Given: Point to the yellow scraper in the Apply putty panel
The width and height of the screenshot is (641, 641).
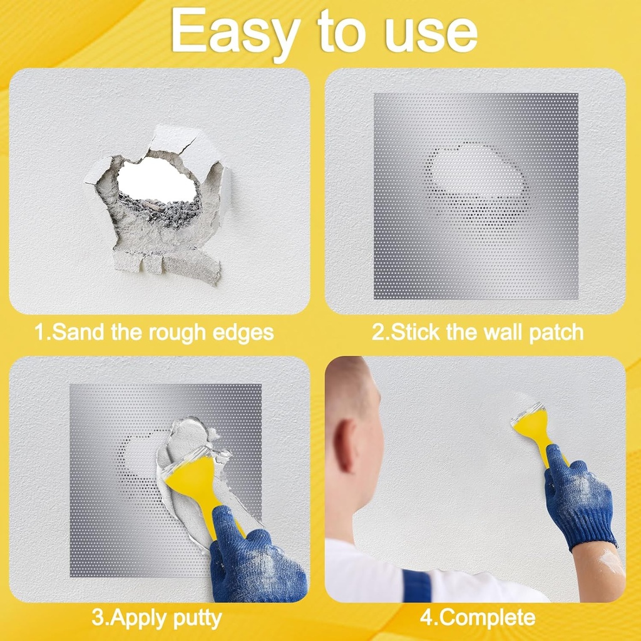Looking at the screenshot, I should [200, 485].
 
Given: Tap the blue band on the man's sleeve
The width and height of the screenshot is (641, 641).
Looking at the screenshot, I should [416, 586].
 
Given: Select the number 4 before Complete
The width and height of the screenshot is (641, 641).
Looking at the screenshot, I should [426, 618].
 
